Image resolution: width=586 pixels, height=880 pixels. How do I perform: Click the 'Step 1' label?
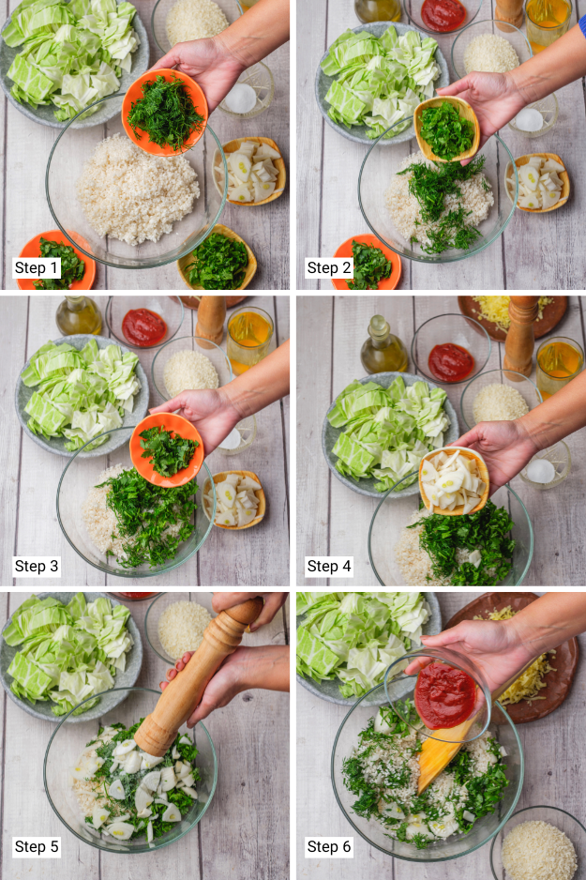click(x=37, y=267)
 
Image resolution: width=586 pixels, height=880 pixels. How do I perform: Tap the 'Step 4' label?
click(x=329, y=566)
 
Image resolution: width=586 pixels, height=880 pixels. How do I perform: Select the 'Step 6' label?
click(x=329, y=846)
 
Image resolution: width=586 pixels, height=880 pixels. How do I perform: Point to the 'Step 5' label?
click(x=37, y=846)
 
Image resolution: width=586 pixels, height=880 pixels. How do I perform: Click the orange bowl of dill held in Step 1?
click(x=165, y=113)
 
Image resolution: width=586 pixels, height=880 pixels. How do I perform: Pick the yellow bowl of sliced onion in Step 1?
click(x=250, y=171)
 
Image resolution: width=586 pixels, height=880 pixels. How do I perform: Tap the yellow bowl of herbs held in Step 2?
click(x=447, y=129)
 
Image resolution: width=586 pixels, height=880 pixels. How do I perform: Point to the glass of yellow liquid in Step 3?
click(x=250, y=339)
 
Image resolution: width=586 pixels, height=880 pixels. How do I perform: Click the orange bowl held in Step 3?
click(x=167, y=450)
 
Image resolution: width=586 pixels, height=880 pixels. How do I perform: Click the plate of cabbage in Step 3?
click(x=82, y=396)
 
